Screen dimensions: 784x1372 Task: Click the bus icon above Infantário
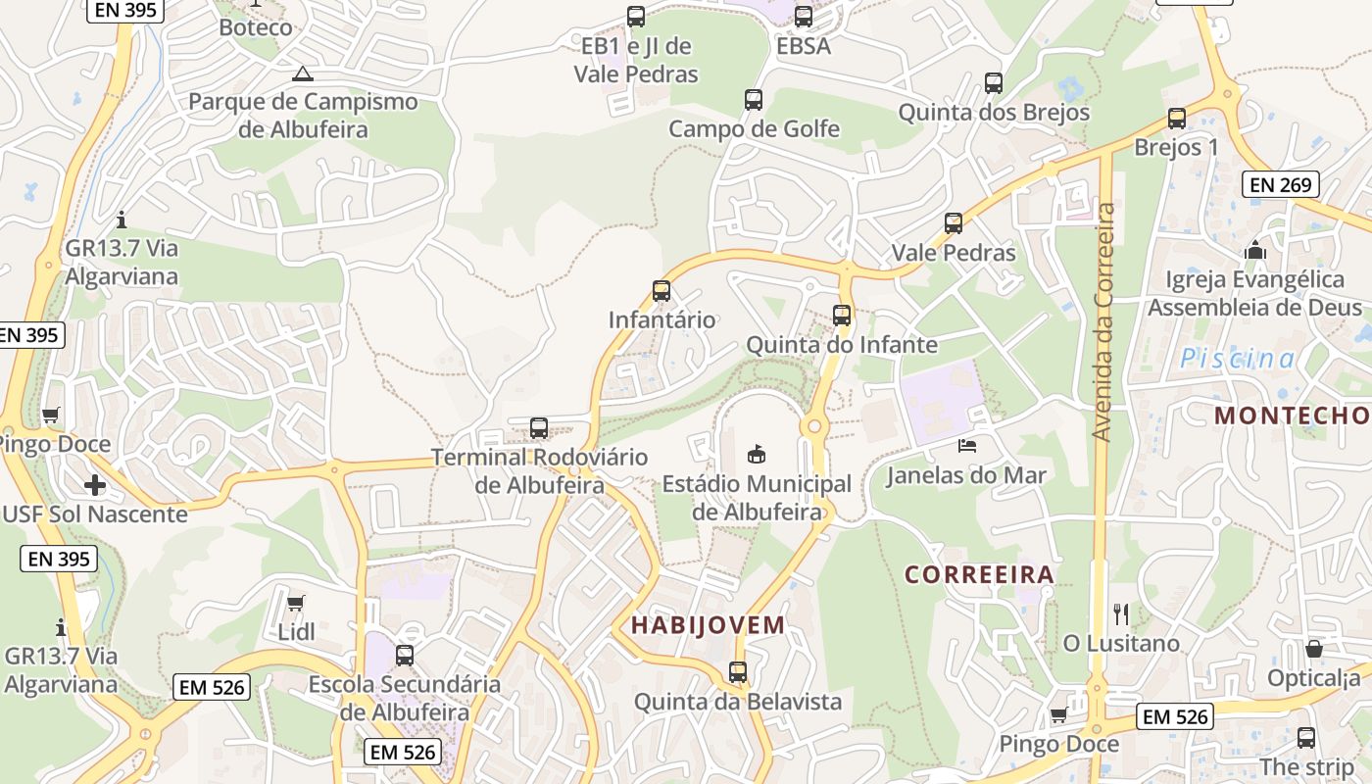(661, 291)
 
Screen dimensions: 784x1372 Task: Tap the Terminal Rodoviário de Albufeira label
(540, 471)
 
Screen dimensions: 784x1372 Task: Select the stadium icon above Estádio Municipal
(757, 454)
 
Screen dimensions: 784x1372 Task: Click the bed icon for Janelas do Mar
(966, 446)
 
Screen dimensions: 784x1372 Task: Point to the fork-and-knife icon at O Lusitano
(1121, 614)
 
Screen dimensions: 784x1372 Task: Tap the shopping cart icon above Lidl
(296, 602)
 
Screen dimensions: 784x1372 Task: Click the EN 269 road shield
(1281, 183)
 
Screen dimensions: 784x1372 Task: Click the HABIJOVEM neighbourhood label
(708, 625)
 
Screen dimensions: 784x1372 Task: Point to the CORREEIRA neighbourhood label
(979, 575)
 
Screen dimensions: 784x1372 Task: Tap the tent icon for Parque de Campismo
(303, 73)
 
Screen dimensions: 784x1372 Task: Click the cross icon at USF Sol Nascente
(95, 484)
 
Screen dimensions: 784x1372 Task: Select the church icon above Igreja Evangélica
(1254, 251)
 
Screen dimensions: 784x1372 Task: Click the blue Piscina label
(1237, 359)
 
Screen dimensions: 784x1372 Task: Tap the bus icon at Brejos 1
(1177, 119)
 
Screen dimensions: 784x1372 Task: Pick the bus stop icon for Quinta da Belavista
(738, 672)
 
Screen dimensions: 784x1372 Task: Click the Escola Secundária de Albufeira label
(405, 698)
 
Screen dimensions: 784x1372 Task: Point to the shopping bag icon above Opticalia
(1313, 649)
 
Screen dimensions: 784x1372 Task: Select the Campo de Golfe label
(754, 128)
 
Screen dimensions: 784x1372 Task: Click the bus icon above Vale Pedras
(954, 223)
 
